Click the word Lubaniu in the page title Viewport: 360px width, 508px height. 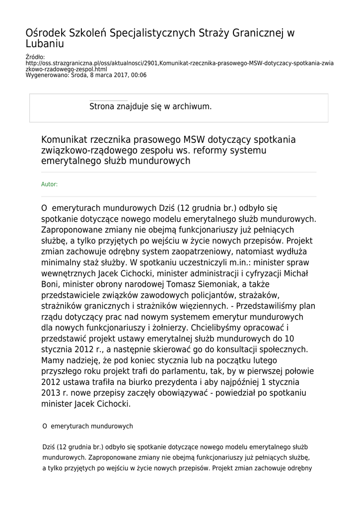pyautogui.click(x=45, y=44)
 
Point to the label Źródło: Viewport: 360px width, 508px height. pyautogui.click(x=35, y=58)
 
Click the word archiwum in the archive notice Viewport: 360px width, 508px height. pyautogui.click(x=193, y=106)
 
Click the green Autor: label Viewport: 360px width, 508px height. pyautogui.click(x=49, y=185)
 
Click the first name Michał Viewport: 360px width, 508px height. pyautogui.click(x=294, y=273)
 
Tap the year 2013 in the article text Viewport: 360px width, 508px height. pyautogui.click(x=52, y=393)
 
